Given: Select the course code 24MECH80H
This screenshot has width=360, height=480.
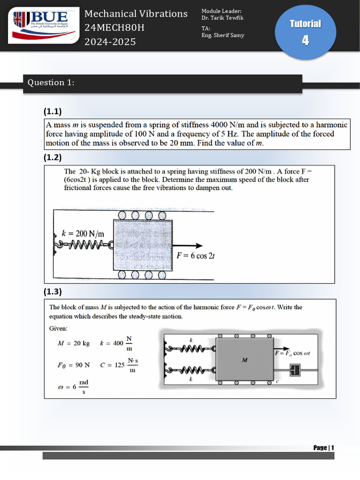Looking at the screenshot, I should pyautogui.click(x=114, y=28).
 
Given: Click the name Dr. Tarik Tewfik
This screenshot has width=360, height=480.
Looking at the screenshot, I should pyautogui.click(x=222, y=18).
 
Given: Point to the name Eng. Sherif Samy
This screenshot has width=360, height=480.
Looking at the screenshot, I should pyautogui.click(x=223, y=35).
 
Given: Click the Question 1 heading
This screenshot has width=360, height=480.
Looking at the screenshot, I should pyautogui.click(x=51, y=82).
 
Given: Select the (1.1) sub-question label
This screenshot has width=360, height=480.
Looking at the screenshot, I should pyautogui.click(x=53, y=111).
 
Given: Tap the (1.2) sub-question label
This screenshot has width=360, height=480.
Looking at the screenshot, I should pyautogui.click(x=53, y=157).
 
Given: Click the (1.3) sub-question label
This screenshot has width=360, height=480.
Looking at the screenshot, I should pyautogui.click(x=53, y=292).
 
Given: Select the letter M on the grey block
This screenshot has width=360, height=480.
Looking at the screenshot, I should pyautogui.click(x=244, y=360).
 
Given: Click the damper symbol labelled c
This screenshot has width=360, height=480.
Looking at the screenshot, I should pyautogui.click(x=294, y=370).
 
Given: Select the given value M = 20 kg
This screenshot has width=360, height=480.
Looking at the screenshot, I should pyautogui.click(x=73, y=343).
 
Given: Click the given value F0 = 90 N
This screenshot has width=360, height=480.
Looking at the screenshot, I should pyautogui.click(x=73, y=365).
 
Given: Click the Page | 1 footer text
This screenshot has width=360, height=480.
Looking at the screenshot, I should pyautogui.click(x=323, y=448).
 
